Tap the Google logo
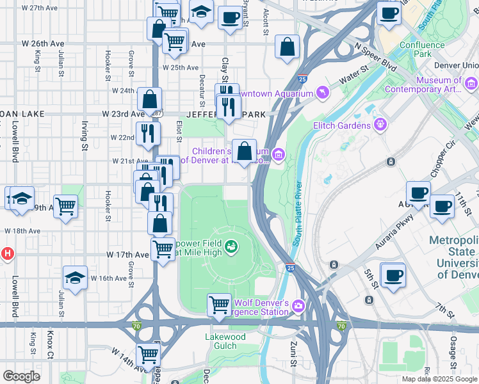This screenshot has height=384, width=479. click(x=21, y=376)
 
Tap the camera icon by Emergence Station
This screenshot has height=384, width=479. click(x=298, y=307)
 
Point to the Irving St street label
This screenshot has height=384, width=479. click(x=84, y=136)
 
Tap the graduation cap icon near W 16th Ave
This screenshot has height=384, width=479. click(x=75, y=278)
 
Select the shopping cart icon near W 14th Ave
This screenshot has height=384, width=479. click(x=148, y=353)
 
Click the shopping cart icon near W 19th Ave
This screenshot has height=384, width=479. click(x=65, y=206)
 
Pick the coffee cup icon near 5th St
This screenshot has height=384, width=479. click(x=392, y=275)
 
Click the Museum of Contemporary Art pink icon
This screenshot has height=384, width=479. click(x=471, y=84)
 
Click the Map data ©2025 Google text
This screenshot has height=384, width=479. click(x=439, y=379)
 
